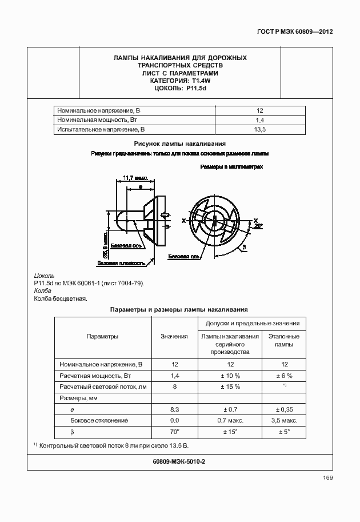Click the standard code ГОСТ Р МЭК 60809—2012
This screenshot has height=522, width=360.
point(295,31)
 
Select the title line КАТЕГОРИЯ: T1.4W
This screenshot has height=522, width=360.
point(180,81)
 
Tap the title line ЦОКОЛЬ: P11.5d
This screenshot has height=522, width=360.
point(180,88)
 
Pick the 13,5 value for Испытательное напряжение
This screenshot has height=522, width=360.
point(260,130)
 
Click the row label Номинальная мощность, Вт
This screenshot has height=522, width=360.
point(97,120)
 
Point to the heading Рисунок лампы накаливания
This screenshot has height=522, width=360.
point(180,144)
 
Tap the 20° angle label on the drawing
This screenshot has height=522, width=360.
point(258,226)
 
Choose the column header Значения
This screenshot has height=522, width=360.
point(174,337)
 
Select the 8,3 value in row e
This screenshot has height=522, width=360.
point(174,409)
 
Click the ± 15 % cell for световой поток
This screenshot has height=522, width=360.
point(230,387)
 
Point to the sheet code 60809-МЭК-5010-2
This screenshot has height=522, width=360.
point(180,461)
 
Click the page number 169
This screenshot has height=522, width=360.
point(327,478)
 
